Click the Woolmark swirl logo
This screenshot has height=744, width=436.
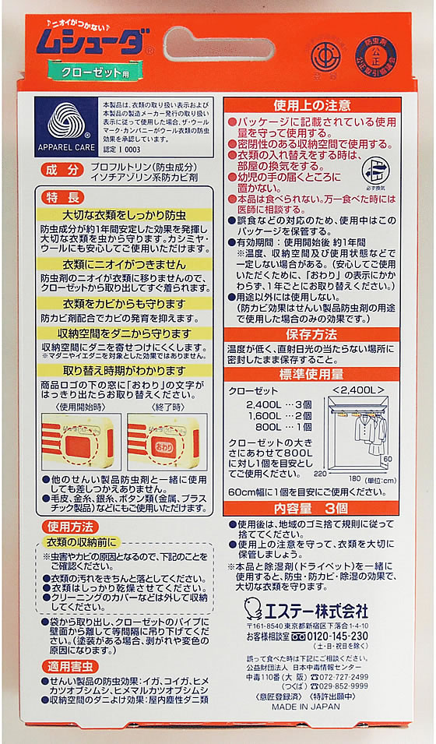click(70, 122)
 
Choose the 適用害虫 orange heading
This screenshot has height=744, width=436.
click(69, 666)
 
